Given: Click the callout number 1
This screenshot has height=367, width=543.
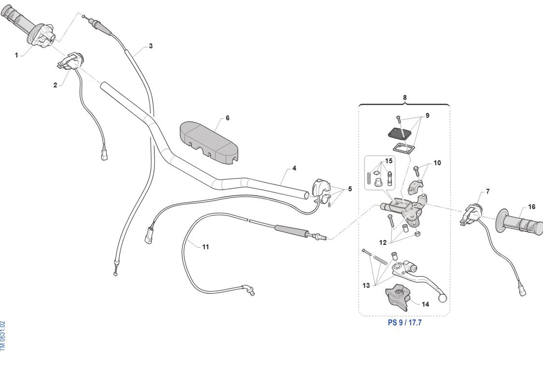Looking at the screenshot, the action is (x=16, y=55).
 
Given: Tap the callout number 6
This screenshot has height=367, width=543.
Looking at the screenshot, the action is (x=227, y=118).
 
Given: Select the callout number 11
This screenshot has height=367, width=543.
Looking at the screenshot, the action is (x=206, y=247).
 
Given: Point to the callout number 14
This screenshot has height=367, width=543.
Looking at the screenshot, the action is (x=425, y=304).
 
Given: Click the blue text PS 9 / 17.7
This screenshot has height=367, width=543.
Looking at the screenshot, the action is (x=405, y=323).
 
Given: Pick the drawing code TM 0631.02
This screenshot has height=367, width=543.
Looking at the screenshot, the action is (x=3, y=335).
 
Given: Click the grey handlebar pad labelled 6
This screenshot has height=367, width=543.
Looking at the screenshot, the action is (x=209, y=141).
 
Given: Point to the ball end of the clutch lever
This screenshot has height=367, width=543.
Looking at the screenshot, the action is (x=442, y=298).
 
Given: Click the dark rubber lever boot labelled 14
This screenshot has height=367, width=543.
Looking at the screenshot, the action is (x=398, y=297).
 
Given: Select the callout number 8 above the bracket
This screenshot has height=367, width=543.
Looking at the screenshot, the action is (x=405, y=97).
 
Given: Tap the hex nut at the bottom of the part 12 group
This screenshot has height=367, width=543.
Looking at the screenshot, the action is (x=418, y=234).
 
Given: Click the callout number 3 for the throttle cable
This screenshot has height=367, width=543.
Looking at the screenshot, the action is (x=151, y=46).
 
